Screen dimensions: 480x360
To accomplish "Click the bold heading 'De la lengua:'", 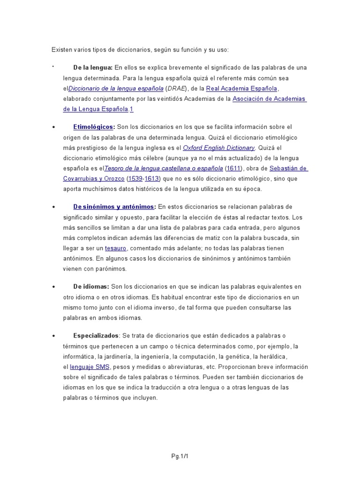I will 93,67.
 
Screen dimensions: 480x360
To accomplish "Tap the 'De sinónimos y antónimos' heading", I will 114,207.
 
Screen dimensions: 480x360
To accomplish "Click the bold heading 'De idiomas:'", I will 91,286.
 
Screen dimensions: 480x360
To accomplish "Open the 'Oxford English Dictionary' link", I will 218,148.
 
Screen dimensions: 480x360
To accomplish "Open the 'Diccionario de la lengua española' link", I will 116,88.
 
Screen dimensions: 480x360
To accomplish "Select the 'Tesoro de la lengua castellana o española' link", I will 164,168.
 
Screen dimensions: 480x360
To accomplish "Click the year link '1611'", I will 232,168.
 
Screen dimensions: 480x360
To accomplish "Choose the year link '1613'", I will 151,179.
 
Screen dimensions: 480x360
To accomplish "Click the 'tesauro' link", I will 116,248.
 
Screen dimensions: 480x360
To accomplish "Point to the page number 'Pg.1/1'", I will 180,456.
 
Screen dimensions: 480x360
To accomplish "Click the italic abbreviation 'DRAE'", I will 176,88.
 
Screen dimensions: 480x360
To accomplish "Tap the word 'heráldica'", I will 274,356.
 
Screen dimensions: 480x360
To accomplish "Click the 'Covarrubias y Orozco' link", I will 94,179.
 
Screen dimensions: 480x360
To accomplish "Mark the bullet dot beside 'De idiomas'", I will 54,286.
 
